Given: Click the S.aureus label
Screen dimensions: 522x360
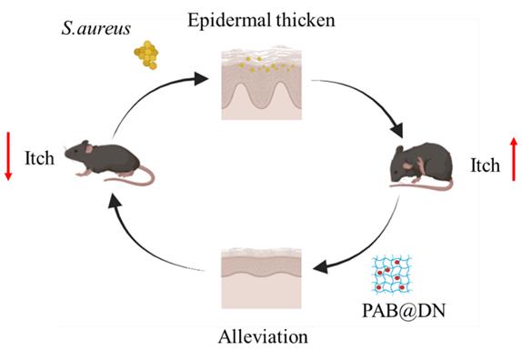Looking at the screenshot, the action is pos(95,29).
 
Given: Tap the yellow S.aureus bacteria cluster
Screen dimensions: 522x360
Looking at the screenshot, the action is pos(146,55).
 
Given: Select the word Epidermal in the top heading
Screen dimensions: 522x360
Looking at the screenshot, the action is pos(227,21).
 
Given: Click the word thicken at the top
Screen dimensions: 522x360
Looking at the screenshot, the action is pos(306,20).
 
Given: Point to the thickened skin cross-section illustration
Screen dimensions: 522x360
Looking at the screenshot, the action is pos(262,83).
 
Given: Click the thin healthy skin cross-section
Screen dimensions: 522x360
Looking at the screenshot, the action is pos(262,279).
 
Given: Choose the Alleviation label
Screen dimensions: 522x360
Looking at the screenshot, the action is pos(263,336).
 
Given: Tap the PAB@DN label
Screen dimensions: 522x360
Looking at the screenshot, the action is pos(404,311).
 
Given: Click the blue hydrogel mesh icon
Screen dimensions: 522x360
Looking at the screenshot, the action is pos(392,275).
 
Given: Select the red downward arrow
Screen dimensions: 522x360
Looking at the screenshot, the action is pos(9,156).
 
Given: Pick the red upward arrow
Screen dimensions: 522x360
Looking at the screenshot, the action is pos(514,159).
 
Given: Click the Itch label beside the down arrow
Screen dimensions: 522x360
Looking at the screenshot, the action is pos(39,158).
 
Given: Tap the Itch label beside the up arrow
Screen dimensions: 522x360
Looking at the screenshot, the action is pos(485,165).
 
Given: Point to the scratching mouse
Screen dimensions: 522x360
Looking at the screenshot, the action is pos(422,165).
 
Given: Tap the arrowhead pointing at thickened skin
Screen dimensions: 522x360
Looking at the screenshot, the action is pos(200,79).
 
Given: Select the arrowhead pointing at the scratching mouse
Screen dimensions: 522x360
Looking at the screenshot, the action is pos(397,130).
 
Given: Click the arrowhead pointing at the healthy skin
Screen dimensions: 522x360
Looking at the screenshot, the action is pos(321,267).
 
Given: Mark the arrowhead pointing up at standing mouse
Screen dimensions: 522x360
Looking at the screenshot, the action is pos(115,201).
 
